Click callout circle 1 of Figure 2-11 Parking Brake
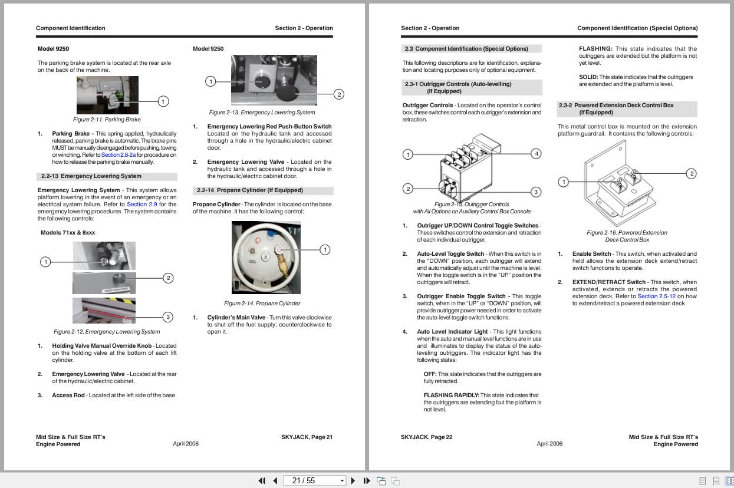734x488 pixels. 163,101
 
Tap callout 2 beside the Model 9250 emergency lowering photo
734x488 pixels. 339,95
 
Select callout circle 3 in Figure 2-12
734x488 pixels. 168,316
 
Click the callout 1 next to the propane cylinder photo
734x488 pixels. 325,250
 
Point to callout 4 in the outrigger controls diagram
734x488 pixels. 536,154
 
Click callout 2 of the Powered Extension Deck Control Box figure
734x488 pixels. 692,174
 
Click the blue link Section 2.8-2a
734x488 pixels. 119,155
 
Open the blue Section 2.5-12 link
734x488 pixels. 656,296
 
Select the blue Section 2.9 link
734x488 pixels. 142,205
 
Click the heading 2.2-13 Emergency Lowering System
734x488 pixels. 91,176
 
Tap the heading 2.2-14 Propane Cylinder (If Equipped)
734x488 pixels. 250,190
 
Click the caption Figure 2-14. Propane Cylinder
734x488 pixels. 262,304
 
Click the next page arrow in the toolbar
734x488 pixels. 353,480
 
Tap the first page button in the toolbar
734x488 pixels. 262,480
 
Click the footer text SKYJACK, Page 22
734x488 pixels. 426,437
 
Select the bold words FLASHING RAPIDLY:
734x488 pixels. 451,395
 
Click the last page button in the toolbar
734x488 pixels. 367,480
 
